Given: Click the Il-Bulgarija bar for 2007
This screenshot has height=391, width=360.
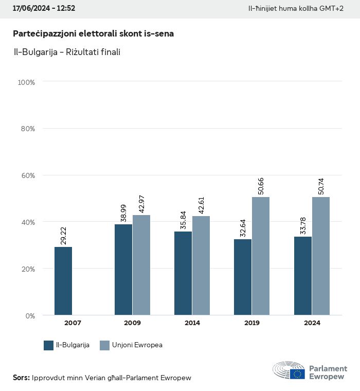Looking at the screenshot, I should [x=63, y=281].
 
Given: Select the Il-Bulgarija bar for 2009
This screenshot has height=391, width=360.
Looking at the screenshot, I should [x=123, y=270].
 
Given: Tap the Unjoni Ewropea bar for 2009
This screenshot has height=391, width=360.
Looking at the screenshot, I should [x=141, y=265].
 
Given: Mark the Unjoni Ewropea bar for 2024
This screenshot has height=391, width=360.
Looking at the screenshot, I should [x=321, y=256].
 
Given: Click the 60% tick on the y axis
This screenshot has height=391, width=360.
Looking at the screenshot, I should [x=27, y=175].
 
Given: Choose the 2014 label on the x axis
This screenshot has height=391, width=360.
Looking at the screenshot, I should [x=192, y=323].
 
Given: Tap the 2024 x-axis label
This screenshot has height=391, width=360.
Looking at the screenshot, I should [x=312, y=323].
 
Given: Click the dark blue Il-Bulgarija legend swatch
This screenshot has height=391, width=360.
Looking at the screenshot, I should [x=49, y=345].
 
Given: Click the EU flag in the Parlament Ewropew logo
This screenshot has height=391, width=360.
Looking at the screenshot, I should [x=297, y=374].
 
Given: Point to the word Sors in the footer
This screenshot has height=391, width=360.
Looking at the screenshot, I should [x=21, y=378].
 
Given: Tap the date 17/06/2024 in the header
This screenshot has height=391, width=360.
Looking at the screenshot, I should [x=30, y=9].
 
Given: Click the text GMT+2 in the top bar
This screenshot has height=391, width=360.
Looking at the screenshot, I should [x=332, y=9].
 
